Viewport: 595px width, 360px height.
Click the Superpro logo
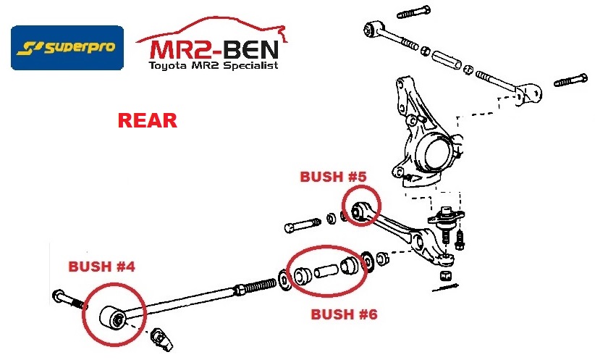[x=67, y=48]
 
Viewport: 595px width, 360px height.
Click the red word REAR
[x=147, y=120]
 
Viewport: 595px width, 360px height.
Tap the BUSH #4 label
[x=101, y=266]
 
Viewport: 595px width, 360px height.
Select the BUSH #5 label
[x=334, y=176]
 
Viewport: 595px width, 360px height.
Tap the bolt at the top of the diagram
[x=414, y=11]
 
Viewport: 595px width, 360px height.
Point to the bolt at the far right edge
[x=570, y=80]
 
